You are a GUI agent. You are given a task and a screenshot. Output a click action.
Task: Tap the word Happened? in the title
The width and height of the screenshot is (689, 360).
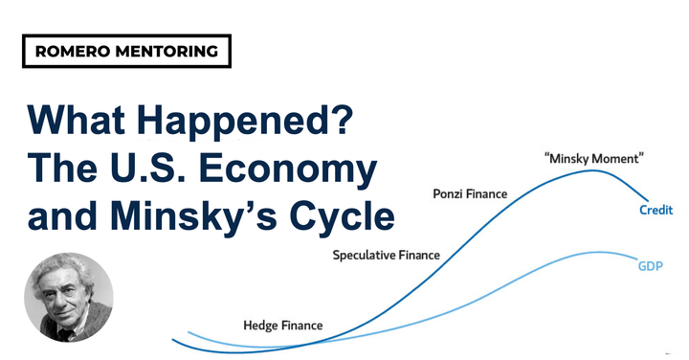245,124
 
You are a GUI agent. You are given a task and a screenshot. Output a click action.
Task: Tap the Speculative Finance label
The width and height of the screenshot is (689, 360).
386,255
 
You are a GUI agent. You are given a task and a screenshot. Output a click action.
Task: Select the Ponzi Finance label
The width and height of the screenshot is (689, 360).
470,194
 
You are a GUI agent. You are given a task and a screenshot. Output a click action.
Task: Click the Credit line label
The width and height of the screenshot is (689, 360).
656,210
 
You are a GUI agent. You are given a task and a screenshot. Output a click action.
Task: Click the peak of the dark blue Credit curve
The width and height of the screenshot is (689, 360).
592,171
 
